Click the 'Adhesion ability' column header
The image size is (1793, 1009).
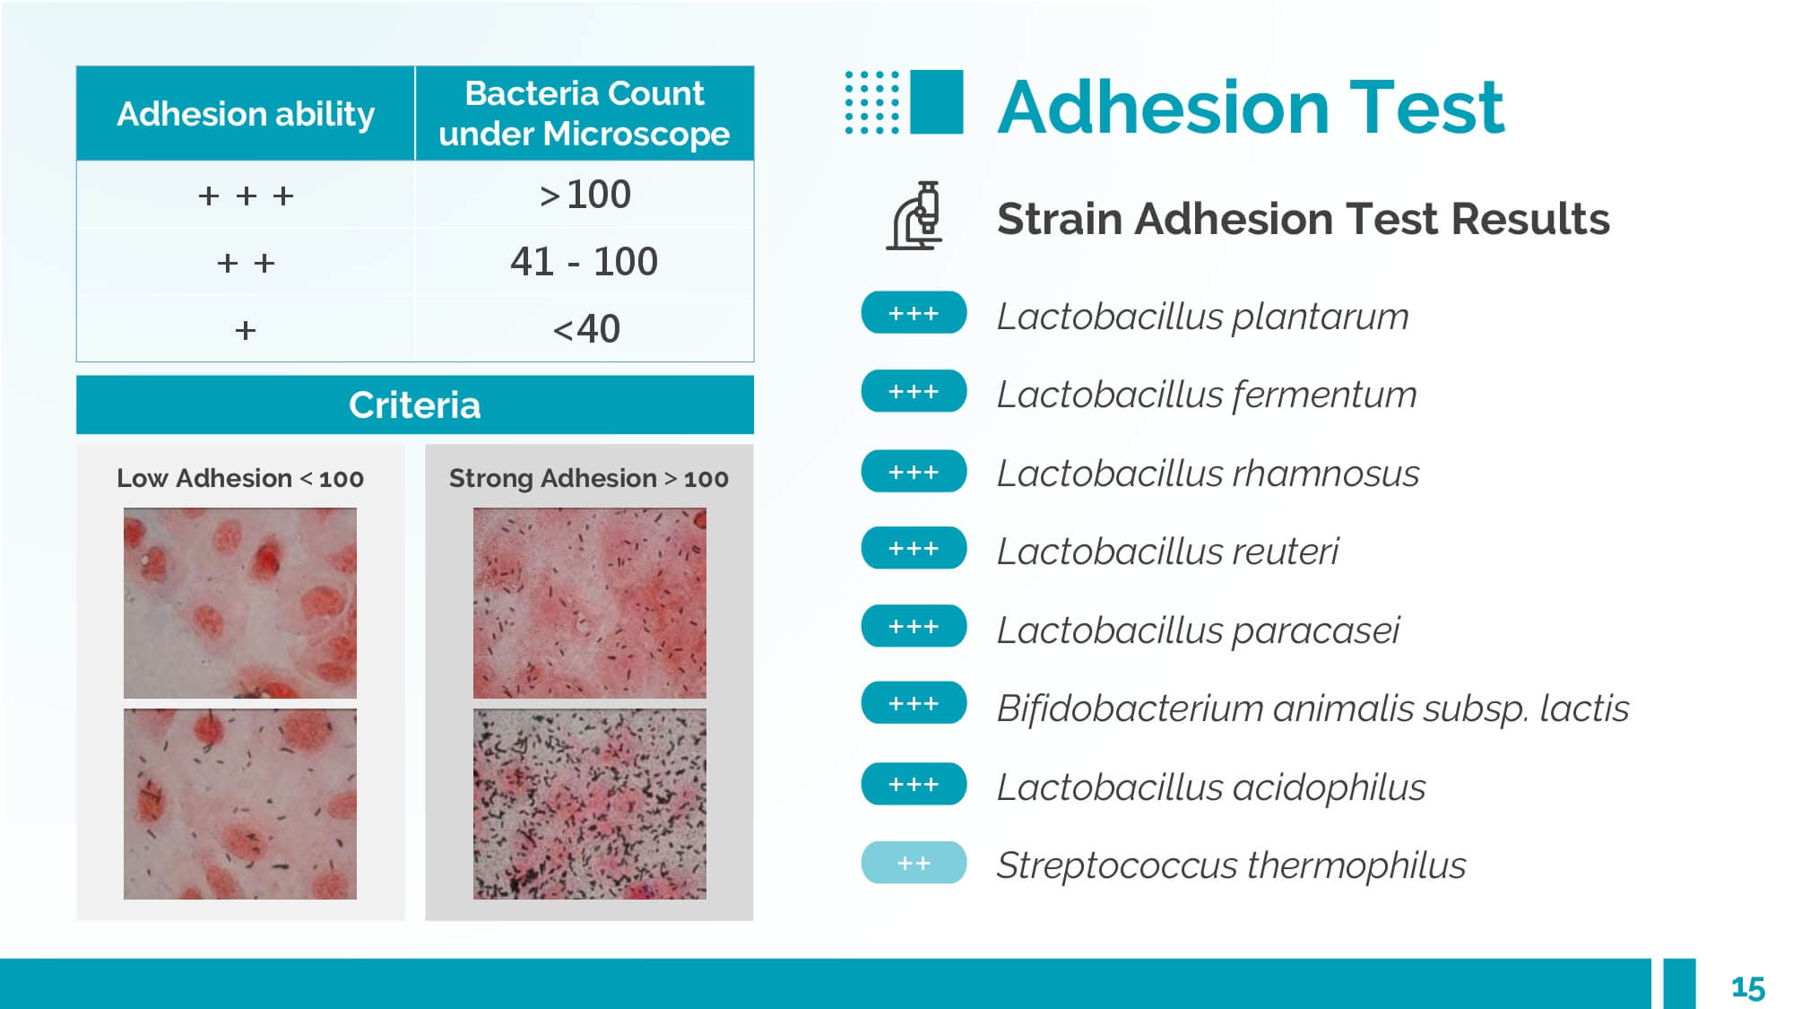[x=246, y=114]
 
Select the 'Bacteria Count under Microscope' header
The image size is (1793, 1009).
[x=585, y=114]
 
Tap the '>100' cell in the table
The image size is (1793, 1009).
[x=585, y=195]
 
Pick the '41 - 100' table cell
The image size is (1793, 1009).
[x=585, y=262]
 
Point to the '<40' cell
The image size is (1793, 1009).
[x=585, y=329]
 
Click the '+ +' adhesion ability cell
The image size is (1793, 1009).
[x=246, y=263]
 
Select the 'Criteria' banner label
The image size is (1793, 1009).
[x=415, y=405]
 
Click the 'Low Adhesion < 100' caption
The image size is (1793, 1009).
[x=240, y=478]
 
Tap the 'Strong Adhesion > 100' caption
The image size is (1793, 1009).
[x=589, y=478]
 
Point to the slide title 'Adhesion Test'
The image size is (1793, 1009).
[x=1251, y=108]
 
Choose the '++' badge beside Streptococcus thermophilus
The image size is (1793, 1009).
[x=914, y=863]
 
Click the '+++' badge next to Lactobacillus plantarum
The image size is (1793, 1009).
[x=914, y=313]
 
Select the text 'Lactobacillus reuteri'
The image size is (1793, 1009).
[x=1167, y=552]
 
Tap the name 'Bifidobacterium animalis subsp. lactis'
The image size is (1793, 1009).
[x=1312, y=709]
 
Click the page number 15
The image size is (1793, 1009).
[x=1747, y=987]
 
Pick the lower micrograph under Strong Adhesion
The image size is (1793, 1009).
[x=590, y=805]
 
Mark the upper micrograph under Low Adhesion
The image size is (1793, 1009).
[x=240, y=604]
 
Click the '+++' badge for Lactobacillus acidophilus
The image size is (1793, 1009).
[x=914, y=784]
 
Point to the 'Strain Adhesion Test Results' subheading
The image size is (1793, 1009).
[x=1304, y=219]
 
